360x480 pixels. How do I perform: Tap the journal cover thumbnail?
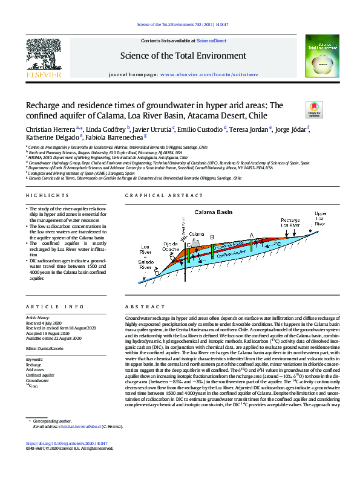(320, 56)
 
